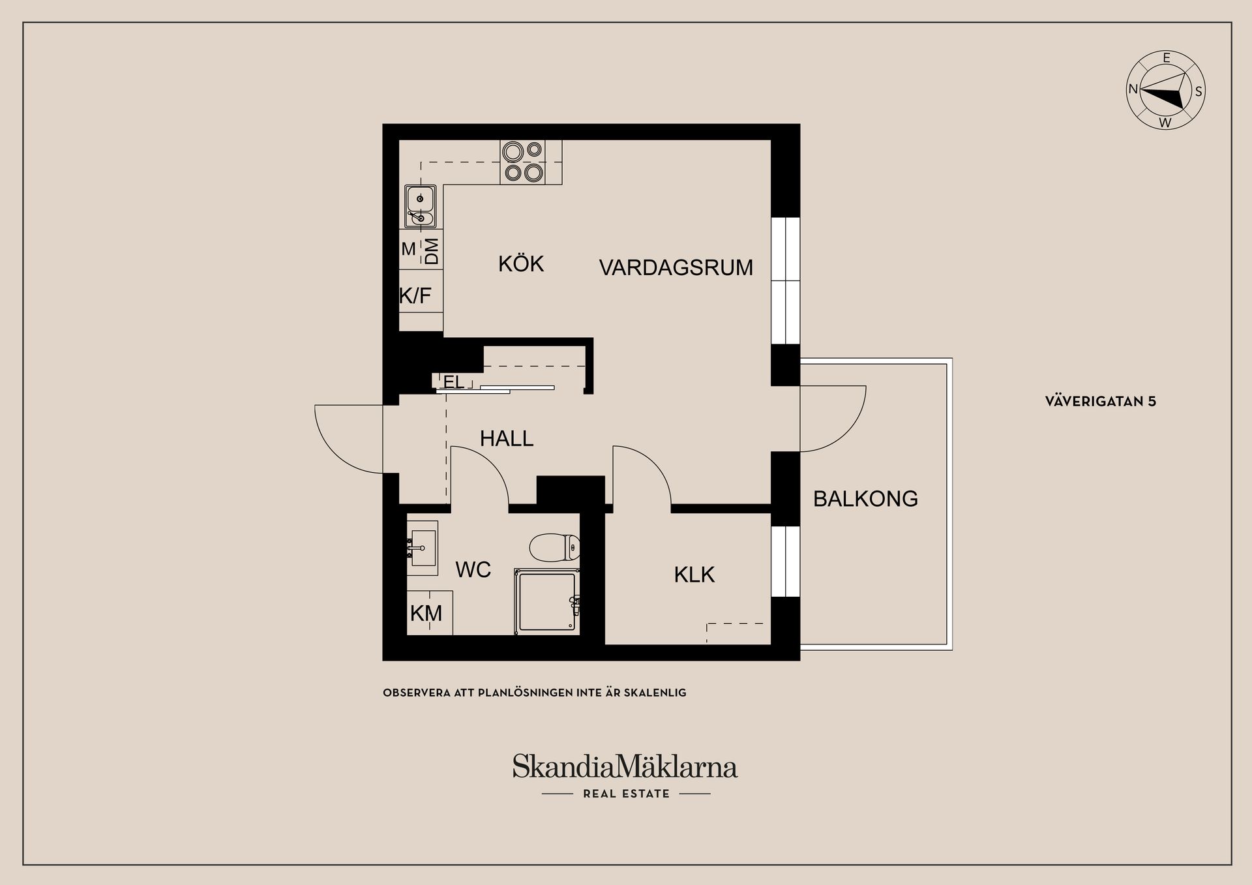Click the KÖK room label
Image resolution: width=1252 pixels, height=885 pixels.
pos(520,264)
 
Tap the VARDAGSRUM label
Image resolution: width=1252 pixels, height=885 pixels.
pos(676,267)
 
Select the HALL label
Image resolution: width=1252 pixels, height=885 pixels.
pos(507,438)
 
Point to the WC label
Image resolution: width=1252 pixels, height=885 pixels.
pos(473,569)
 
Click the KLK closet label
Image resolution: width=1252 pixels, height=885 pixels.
pos(694,575)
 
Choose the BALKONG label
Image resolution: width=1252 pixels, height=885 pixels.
pos(865,499)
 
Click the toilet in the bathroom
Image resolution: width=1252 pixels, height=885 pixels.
pos(555,548)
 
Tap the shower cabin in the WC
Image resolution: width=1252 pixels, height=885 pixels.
pos(546,601)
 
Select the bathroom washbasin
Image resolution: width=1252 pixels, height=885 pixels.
pos(423,548)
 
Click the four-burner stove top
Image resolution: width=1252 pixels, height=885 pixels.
pos(523,162)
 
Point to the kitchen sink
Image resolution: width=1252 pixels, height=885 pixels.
pos(421,206)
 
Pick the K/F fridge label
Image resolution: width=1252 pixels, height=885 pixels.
pos(415,296)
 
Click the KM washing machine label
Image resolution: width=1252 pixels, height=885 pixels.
pos(426,613)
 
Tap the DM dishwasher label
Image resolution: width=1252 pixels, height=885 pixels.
pos(431,251)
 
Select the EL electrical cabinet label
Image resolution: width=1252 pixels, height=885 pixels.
pos(454,382)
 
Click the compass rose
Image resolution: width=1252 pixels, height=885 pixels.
pos(1166,91)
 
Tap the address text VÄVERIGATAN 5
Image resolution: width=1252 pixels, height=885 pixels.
pos(1100,402)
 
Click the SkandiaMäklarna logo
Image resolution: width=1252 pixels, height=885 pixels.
pos(625,767)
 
